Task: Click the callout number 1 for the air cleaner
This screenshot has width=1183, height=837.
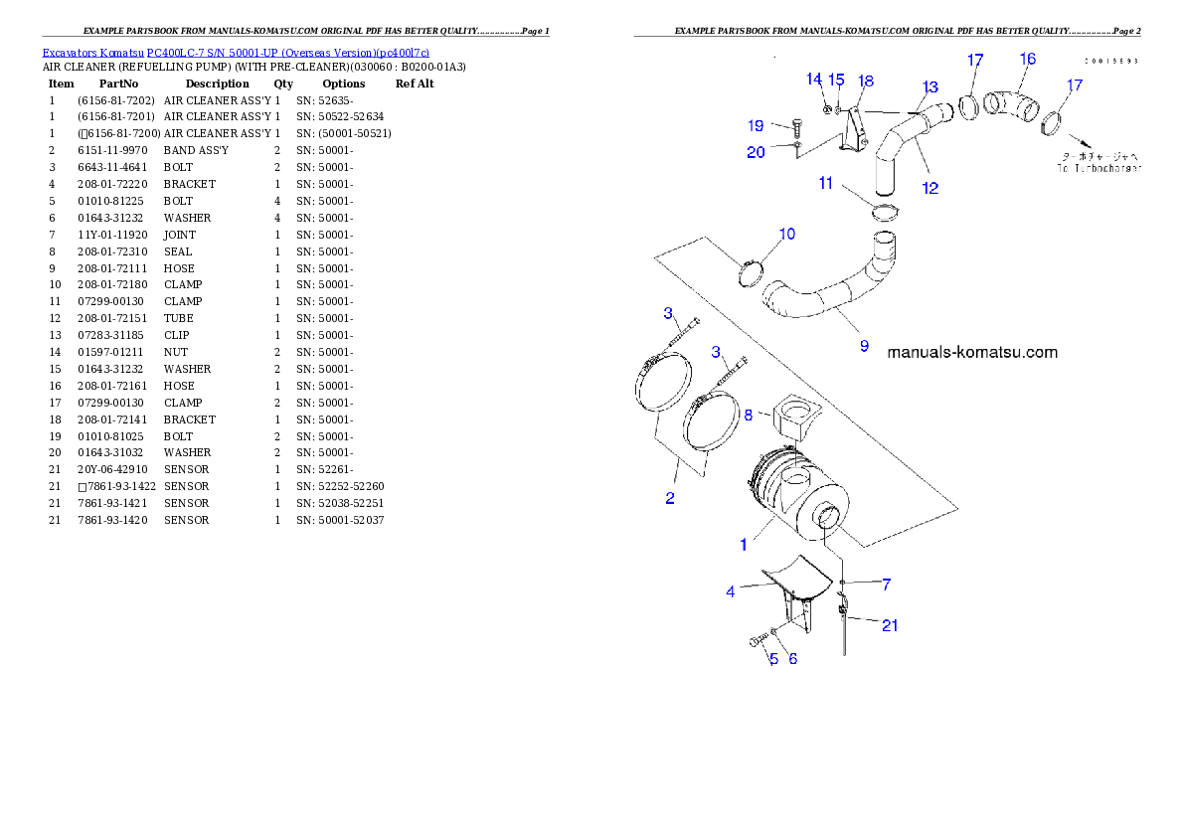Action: [x=743, y=545]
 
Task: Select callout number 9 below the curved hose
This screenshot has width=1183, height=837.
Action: [x=864, y=346]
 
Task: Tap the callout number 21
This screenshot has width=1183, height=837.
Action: [x=890, y=625]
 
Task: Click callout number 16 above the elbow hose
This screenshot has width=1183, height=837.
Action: [x=1027, y=59]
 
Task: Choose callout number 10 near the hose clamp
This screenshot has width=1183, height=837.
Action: [x=786, y=235]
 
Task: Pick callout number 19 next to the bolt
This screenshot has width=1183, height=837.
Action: [x=756, y=126]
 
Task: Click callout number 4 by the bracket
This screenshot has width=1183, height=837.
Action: [x=731, y=591]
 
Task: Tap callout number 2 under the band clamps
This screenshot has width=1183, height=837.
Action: [x=670, y=498]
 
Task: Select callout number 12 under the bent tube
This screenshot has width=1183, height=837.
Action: [x=929, y=188]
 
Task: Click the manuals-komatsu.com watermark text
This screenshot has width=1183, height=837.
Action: [x=971, y=352]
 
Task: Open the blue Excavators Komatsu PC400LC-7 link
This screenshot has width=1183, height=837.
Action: [x=236, y=53]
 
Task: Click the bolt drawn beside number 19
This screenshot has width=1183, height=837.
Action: [x=796, y=127]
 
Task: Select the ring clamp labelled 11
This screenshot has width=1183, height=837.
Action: [x=884, y=212]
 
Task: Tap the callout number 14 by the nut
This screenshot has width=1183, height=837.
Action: [x=814, y=79]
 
